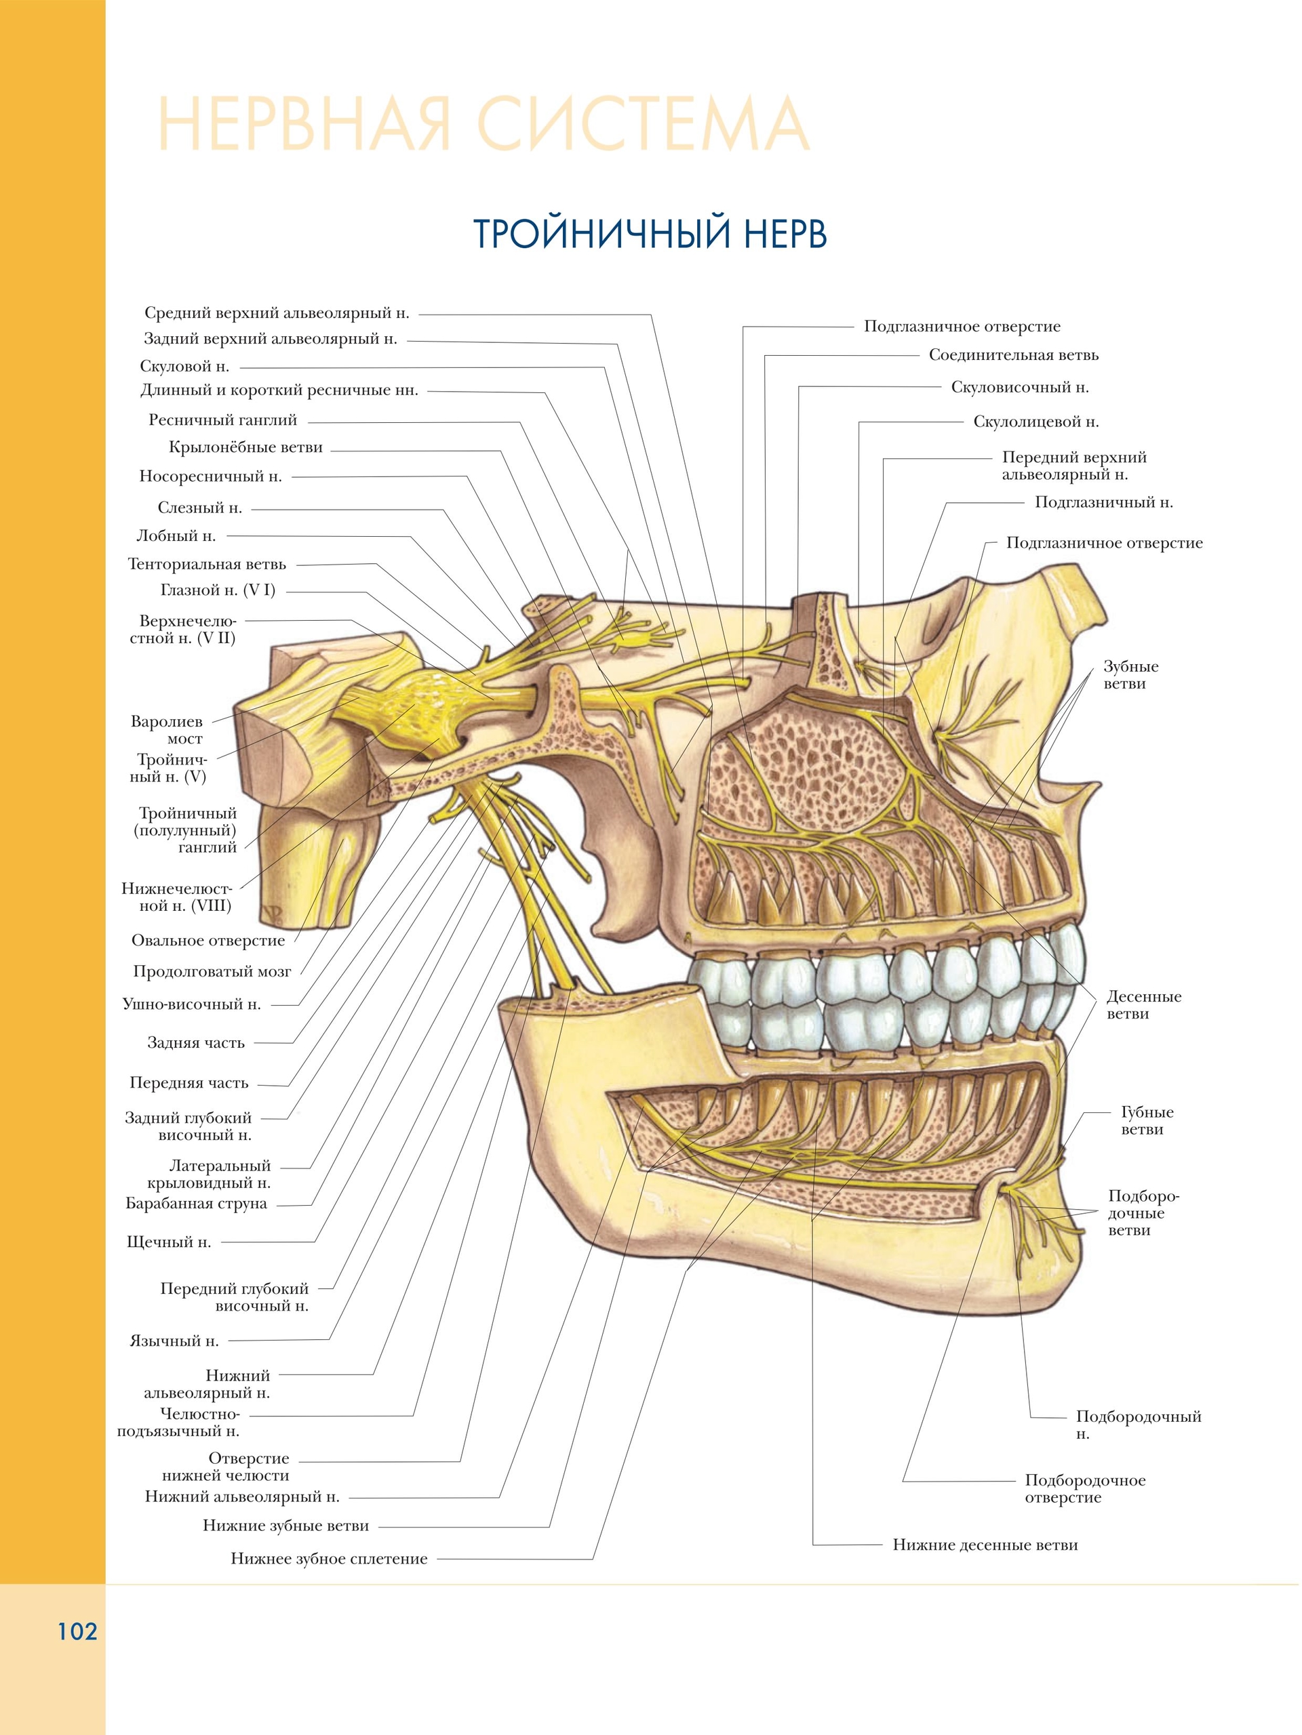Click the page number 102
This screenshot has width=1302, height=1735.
coord(77,1632)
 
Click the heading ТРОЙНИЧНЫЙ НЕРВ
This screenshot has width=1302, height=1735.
coord(650,234)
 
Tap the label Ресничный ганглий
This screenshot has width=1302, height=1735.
coord(223,420)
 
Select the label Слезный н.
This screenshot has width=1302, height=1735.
coord(199,508)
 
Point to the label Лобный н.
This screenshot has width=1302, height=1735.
coord(176,537)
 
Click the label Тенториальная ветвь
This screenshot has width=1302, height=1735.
coord(208,565)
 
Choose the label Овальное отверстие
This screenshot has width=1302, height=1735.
coord(208,941)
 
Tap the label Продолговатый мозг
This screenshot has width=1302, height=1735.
coord(212,973)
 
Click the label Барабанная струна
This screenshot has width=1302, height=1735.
coord(196,1204)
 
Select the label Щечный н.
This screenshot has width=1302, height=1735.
coord(169,1242)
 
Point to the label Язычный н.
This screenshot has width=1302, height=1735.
coord(174,1341)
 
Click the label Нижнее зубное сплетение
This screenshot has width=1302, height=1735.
coord(329,1559)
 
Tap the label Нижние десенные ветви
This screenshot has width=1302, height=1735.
coord(985,1545)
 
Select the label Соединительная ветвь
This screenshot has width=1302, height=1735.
coord(1013,355)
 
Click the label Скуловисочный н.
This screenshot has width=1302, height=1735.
coord(1019,388)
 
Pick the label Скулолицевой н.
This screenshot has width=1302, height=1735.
coord(1036,422)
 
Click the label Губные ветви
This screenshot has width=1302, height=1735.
coord(1147,1121)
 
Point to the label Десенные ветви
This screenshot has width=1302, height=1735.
coord(1143,1006)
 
